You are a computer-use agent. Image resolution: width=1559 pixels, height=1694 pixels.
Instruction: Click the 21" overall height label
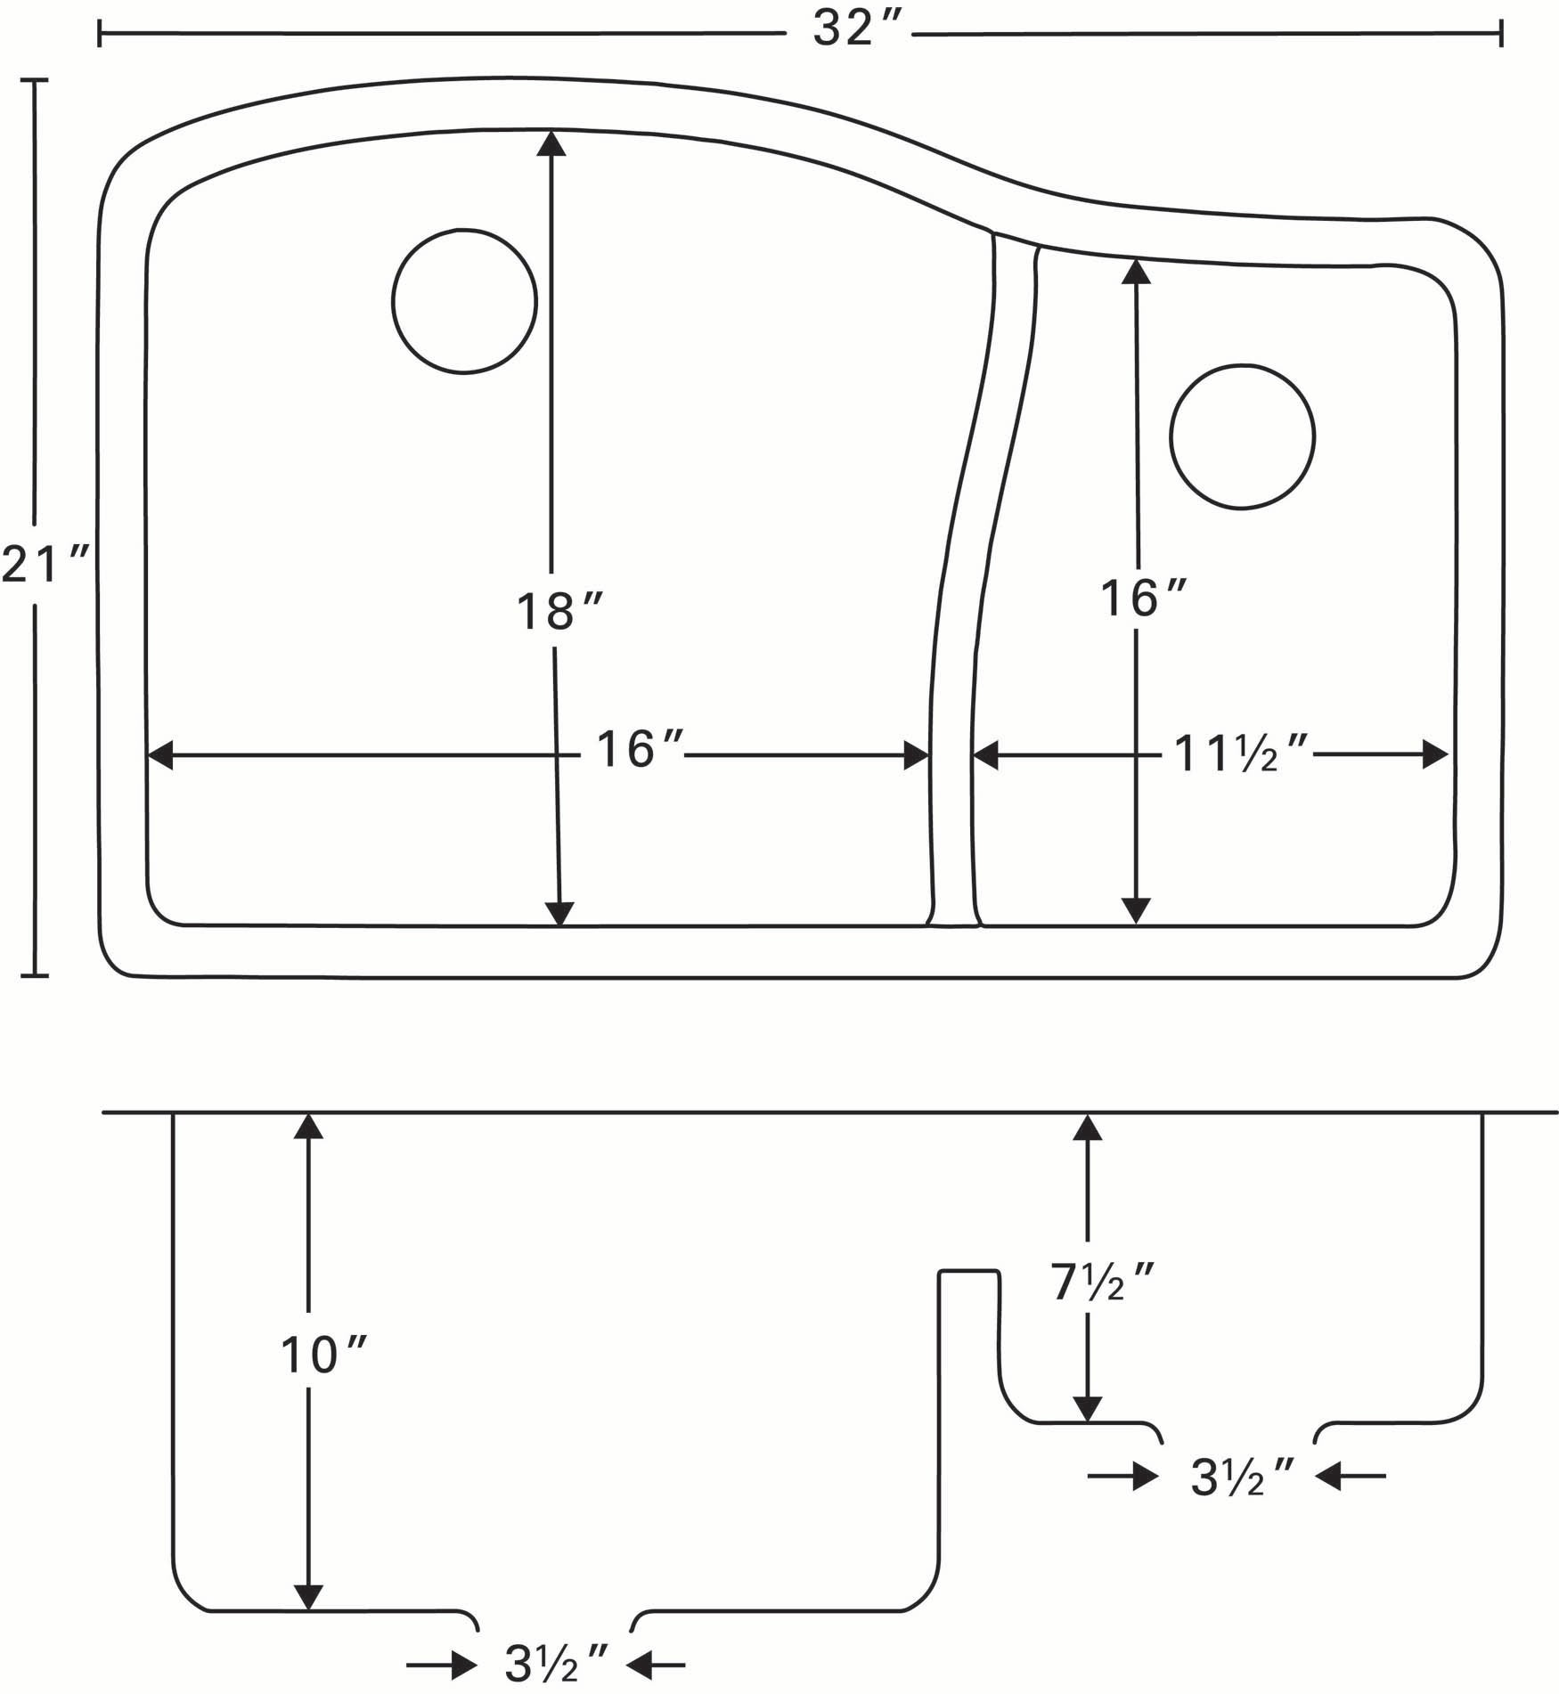45,566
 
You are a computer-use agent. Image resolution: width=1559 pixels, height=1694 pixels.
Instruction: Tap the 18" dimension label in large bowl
559,612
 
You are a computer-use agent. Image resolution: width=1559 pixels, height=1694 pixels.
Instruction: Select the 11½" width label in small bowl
1241,754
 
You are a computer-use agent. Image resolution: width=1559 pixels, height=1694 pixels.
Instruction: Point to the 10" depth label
322,1356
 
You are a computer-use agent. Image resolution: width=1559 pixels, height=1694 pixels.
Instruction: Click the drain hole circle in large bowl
464,301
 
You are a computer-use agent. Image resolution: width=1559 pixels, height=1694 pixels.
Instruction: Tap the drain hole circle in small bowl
1242,436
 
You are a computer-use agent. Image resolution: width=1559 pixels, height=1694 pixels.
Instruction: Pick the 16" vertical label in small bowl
1141,599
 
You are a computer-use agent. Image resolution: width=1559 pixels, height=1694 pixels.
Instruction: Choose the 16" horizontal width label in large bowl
638,750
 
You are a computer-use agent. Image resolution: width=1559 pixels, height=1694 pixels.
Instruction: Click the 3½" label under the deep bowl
556,1662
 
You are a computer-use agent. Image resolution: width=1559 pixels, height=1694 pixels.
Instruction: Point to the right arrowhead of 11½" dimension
1436,755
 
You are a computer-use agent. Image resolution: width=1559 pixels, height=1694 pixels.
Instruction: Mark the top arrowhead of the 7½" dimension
1087,1128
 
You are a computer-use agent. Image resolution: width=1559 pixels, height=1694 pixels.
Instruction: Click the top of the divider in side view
968,1271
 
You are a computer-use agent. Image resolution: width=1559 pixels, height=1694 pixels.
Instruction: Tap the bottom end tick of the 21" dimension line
34,975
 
